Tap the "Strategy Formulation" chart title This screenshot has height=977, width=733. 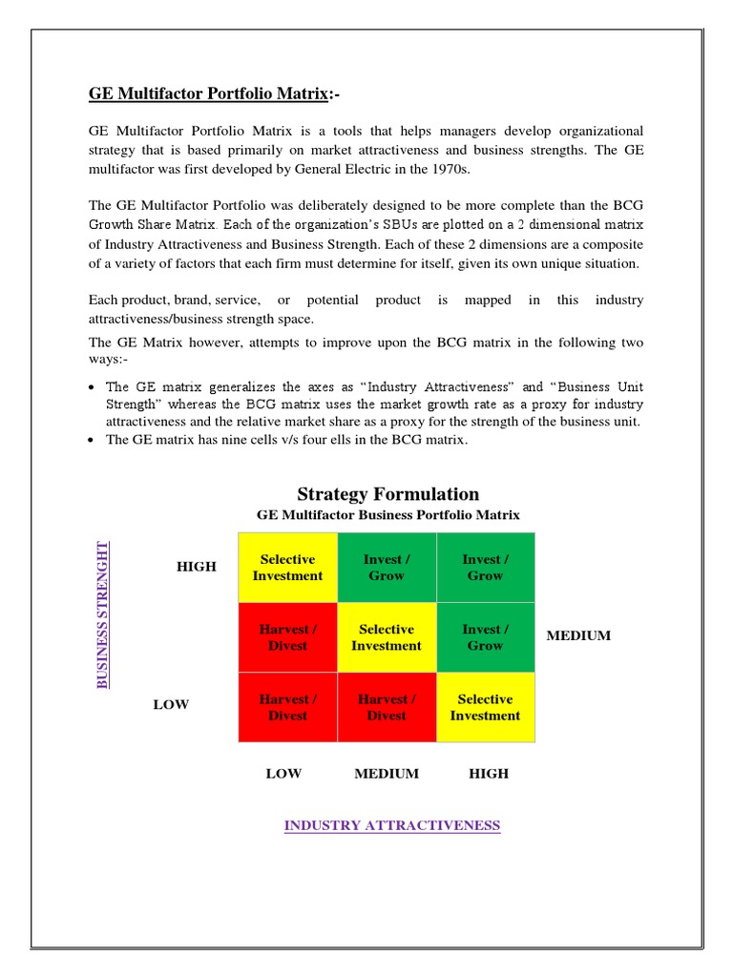coord(387,493)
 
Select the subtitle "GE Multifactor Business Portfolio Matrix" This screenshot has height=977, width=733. coord(387,515)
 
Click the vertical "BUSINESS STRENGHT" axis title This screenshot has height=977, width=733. coord(102,614)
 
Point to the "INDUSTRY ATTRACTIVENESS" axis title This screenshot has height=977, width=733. coord(391,825)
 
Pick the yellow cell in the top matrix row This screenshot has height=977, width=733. coord(287,568)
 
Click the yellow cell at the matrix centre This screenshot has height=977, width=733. coord(387,637)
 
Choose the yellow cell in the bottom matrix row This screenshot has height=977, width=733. coord(485,707)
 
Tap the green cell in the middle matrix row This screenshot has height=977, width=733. coord(485,637)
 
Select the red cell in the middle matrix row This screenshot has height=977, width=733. coord(287,637)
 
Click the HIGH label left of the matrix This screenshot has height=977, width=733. coord(197,567)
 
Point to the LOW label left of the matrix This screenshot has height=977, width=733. coord(172,705)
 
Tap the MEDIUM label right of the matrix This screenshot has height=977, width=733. coord(578,636)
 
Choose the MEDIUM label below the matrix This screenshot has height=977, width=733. coord(387,774)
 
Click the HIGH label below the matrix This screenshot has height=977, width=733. coord(489,774)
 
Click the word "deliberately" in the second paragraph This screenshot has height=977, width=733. coord(321,206)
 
